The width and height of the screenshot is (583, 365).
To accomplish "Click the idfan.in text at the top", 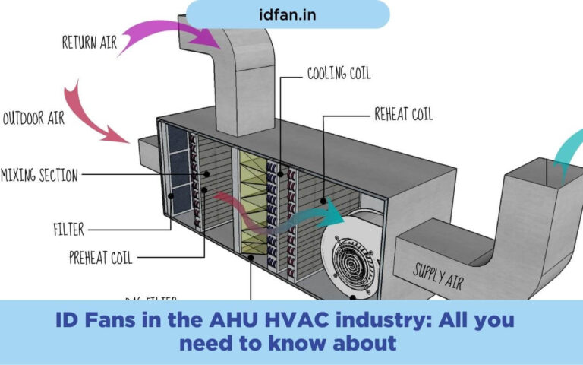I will [x=287, y=14].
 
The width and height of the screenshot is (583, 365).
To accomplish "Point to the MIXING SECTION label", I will [x=39, y=176].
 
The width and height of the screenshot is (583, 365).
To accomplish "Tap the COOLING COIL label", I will [x=339, y=75].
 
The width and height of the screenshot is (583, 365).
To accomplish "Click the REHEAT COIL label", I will [x=403, y=115].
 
